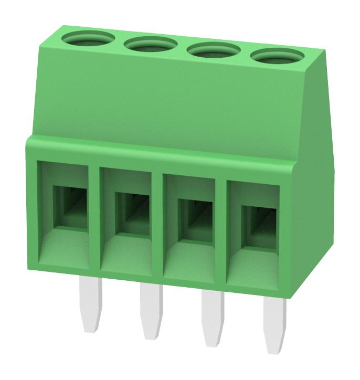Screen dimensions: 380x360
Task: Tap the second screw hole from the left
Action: pyautogui.click(x=150, y=45)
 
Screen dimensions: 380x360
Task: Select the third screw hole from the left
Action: pyautogui.click(x=213, y=50)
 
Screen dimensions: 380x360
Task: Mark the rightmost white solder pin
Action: pyautogui.click(x=276, y=321)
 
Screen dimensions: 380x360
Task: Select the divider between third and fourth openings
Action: pyautogui.click(x=221, y=228)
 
